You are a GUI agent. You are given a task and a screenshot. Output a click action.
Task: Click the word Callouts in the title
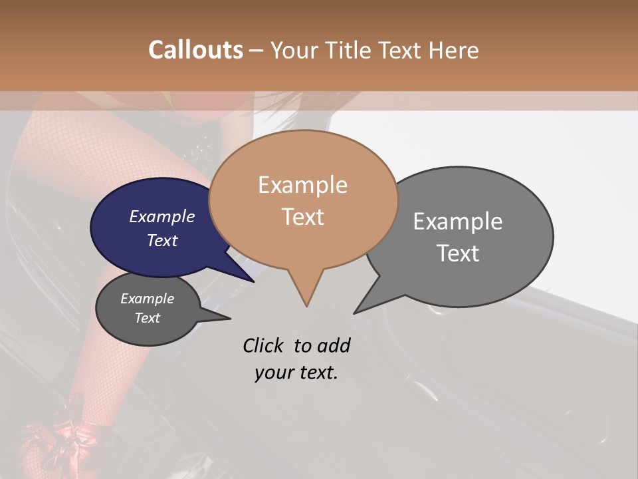pos(195,50)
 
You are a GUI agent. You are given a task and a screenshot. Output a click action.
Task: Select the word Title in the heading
pos(351,50)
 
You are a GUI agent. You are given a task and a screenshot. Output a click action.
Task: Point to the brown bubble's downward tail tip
pos(306,305)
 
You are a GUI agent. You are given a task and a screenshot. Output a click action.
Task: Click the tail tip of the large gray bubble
pos(355,312)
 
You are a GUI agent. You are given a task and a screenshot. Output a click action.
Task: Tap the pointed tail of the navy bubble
pos(253,281)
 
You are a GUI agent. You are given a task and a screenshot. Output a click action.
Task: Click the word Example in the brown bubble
pos(302,185)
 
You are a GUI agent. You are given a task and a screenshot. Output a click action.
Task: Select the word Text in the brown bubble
pos(302,217)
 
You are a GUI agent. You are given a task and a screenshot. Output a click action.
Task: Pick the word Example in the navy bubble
pos(161,216)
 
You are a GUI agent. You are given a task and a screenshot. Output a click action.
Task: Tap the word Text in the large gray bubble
pos(458,253)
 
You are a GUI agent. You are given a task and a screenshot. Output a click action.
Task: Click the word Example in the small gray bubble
pos(147,299)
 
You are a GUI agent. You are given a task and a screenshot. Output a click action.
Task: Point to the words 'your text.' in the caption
pos(296,373)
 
